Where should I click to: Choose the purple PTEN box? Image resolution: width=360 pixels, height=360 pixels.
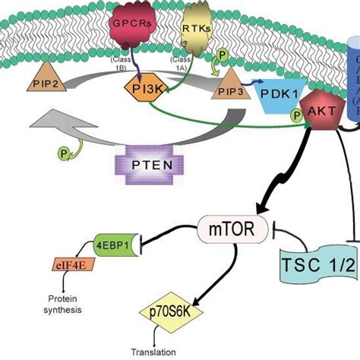coord(141,163)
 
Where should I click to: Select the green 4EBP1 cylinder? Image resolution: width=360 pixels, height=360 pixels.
coord(119,245)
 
